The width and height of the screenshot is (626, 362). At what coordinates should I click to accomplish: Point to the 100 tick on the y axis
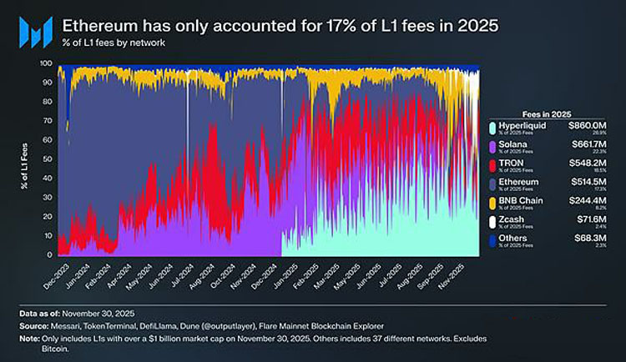click(46, 63)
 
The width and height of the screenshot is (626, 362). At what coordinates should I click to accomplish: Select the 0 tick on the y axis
click(50, 254)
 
